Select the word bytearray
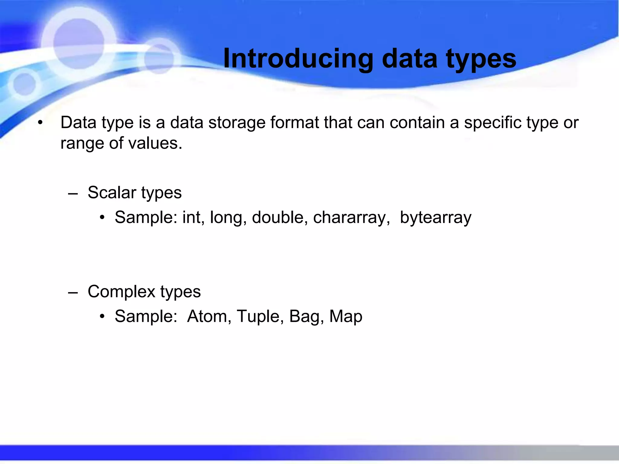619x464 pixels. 435,217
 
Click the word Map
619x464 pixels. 346,316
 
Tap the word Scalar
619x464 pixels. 112,192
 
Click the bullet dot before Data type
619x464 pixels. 40,123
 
